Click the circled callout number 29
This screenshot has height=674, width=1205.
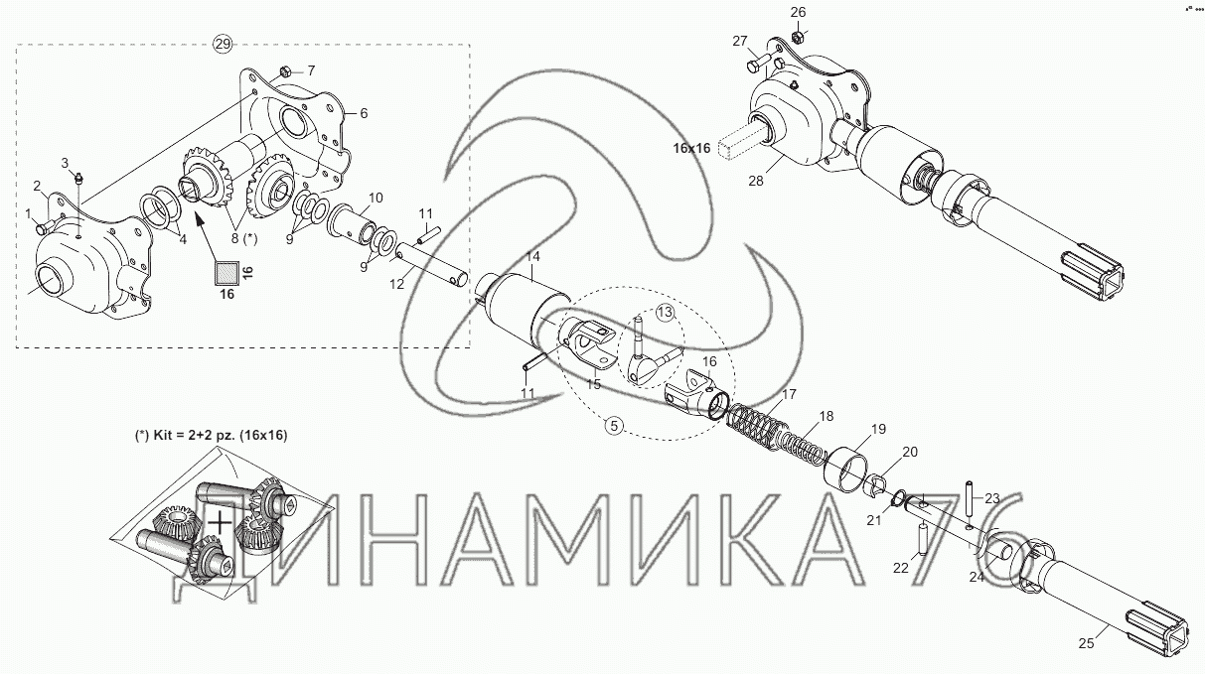(x=223, y=44)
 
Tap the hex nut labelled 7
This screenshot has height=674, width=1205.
(x=287, y=70)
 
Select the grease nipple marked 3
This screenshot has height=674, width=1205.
(x=79, y=178)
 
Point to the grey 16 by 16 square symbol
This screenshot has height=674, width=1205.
(x=226, y=273)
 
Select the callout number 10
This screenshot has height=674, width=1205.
(x=376, y=198)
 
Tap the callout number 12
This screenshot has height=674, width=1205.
(x=396, y=284)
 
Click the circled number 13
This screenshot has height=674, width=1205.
(x=665, y=313)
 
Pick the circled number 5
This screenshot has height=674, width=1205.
(x=614, y=426)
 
